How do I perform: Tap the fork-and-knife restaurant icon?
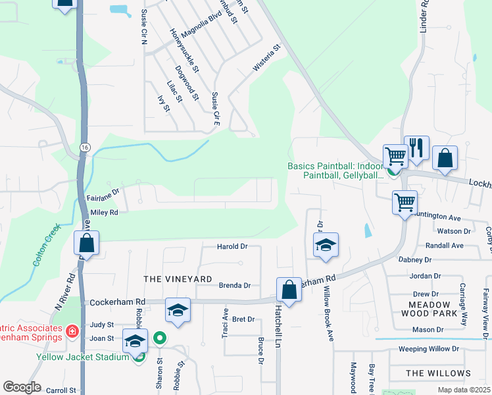[416, 147]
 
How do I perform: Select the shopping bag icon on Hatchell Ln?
[289, 289]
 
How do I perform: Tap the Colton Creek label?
[47, 244]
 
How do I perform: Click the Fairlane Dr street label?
[102, 197]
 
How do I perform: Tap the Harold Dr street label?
[232, 246]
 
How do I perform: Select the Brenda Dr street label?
[234, 286]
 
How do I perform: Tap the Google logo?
[22, 387]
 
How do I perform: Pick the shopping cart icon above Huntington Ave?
[405, 201]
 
